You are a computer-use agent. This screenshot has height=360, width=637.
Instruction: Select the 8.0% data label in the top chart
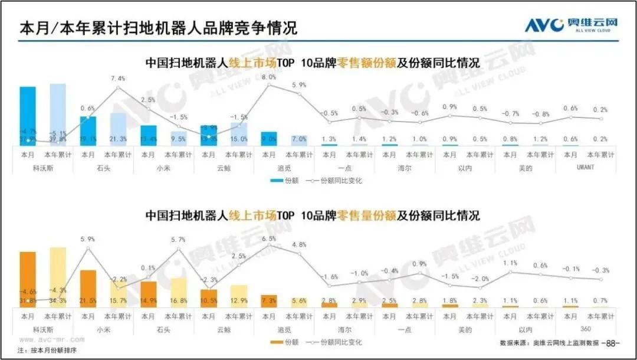coord(270,77)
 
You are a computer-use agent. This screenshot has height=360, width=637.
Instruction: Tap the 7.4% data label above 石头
coord(118,78)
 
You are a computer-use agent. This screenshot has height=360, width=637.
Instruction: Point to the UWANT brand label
coord(586,167)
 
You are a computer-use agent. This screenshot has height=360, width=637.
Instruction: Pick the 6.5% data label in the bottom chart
coord(269,238)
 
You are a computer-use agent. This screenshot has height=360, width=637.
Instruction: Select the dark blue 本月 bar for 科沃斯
coord(28,116)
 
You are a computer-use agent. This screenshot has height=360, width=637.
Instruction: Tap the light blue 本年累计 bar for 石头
coord(118,129)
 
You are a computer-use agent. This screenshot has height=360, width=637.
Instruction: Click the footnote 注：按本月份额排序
coord(47,351)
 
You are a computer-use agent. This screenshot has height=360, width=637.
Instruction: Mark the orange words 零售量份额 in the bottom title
coord(366,215)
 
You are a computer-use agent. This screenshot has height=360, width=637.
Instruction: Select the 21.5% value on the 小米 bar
coord(88,301)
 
